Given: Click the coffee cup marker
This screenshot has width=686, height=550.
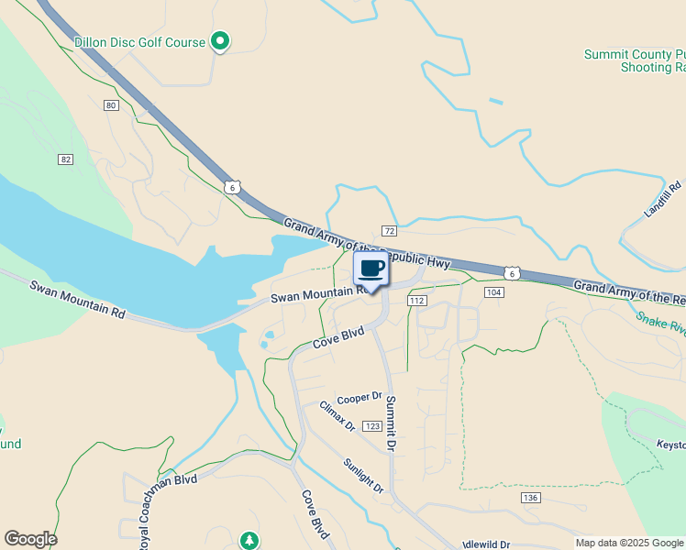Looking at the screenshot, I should pyautogui.click(x=371, y=269).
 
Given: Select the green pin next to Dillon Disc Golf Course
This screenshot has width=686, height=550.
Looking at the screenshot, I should pyautogui.click(x=220, y=40).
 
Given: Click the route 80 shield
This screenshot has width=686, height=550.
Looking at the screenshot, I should pyautogui.click(x=111, y=105).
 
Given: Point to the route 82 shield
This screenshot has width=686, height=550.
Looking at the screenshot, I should pyautogui.click(x=65, y=159).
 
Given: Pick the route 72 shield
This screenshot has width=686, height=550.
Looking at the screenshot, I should pyautogui.click(x=389, y=230).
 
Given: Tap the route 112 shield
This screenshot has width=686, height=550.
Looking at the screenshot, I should pyautogui.click(x=417, y=301).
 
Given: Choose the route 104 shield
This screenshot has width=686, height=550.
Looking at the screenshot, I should pyautogui.click(x=494, y=292).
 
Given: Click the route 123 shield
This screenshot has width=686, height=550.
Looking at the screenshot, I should pyautogui.click(x=371, y=426).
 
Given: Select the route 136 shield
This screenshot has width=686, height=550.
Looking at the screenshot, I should pyautogui.click(x=529, y=498).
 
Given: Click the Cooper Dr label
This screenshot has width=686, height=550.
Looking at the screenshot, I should pyautogui.click(x=359, y=398).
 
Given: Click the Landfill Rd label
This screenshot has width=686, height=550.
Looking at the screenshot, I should pyautogui.click(x=664, y=198).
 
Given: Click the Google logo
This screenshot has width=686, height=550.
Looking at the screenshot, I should pyautogui.click(x=30, y=539).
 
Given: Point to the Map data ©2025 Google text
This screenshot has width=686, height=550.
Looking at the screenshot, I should pyautogui.click(x=629, y=543).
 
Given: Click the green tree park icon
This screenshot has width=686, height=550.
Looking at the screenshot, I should pyautogui.click(x=249, y=541).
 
